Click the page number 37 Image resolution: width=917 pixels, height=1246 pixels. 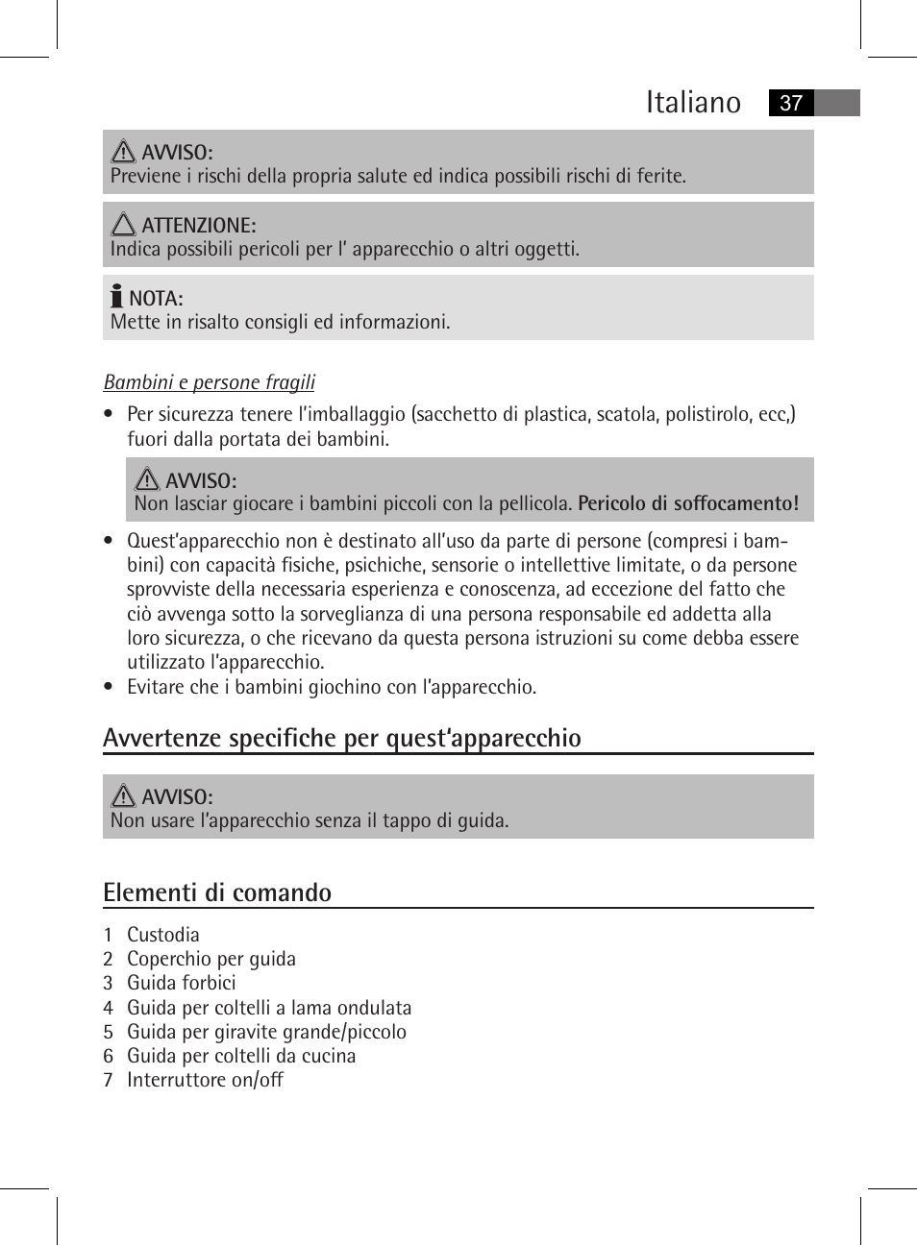coord(790,104)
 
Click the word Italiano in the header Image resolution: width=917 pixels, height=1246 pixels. coord(692,103)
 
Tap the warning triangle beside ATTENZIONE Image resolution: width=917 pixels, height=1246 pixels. coord(123,225)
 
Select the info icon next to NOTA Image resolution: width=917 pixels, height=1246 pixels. coord(116,296)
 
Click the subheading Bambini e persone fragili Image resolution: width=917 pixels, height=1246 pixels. coord(209,382)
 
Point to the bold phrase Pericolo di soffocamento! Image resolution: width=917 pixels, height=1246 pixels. coord(687,503)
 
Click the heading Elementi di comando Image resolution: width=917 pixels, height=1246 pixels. coord(217,892)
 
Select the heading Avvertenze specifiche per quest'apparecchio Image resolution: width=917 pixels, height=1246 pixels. coord(341,738)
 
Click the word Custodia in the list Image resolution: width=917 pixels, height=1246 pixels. coord(163,935)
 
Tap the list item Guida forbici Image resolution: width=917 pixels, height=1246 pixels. coord(181,983)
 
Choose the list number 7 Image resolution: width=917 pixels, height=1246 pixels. coord(109,1080)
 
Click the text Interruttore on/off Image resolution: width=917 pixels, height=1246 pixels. coord(205,1080)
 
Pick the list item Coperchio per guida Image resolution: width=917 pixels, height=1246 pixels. coord(211,959)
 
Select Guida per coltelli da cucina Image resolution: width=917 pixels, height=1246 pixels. coord(241,1056)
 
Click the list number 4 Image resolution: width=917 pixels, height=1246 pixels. coord(109,1008)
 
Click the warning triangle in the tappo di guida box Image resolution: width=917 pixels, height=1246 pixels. coord(123,795)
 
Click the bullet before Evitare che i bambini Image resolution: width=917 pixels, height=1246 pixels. coord(109,687)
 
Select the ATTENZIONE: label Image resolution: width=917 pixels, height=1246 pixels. coord(198,226)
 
